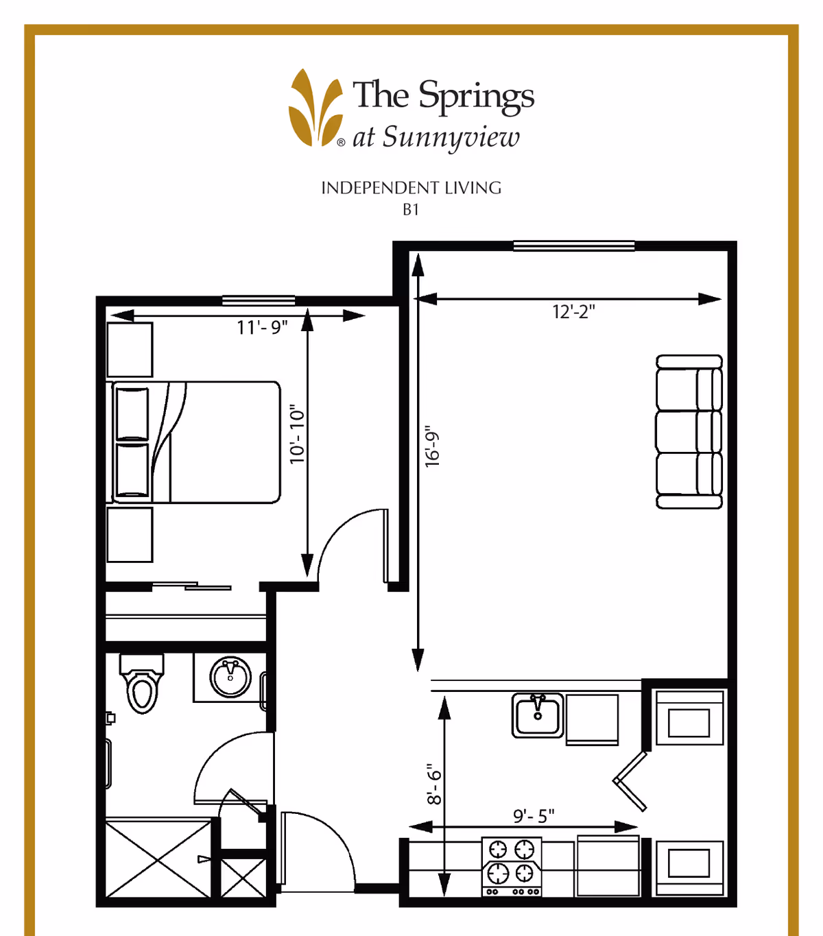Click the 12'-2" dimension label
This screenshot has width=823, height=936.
573,312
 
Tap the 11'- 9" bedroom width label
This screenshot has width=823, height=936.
262,328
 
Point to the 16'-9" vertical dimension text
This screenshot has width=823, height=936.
432,446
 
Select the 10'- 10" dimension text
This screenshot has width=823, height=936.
298,434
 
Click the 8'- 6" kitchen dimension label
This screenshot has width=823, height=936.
434,784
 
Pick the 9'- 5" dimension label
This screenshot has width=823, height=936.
534,816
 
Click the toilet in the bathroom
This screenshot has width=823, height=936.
141,683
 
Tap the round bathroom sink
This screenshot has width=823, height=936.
230,677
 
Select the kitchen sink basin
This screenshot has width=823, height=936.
538,715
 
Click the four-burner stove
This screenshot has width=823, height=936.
512,867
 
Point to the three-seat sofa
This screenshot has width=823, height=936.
689,432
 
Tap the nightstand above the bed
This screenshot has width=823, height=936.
130,350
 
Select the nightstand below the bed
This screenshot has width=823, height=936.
130,535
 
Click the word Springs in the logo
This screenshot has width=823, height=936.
477,97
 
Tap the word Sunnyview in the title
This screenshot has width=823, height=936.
451,138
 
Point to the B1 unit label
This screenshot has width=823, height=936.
411,210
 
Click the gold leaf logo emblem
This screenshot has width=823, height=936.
316,108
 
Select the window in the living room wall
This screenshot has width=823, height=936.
574,245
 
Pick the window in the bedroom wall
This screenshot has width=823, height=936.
259,301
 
